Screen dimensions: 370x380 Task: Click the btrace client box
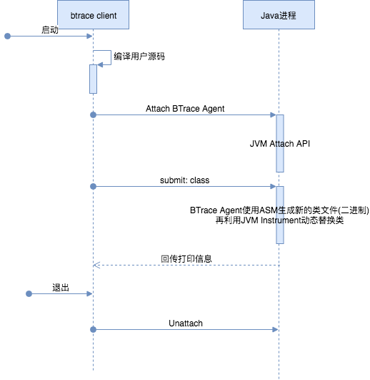point(93,15)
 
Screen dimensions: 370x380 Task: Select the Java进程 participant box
point(279,15)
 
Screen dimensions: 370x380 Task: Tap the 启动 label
point(50,30)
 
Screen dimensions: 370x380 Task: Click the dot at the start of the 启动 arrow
point(7,36)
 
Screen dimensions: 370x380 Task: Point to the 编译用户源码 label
point(139,57)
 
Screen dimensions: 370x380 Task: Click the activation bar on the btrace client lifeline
point(93,79)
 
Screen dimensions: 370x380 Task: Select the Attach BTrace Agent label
point(185,109)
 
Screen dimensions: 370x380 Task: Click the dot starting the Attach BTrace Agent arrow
point(93,115)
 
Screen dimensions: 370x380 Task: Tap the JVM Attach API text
point(280,144)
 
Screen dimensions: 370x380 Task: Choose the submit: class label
point(185,180)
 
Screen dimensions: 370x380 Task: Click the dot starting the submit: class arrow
point(93,186)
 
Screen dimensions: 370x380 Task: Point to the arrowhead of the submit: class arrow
point(273,186)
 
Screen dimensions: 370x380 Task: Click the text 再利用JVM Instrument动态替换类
point(279,220)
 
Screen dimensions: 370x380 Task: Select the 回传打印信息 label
point(186,259)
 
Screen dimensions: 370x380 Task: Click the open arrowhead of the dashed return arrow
point(96,265)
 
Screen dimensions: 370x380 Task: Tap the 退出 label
point(61,288)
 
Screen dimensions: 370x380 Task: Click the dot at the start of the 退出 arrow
point(29,293)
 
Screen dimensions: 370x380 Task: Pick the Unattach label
point(186,323)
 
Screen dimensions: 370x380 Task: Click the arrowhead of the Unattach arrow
point(275,330)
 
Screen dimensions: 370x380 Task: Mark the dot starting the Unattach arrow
point(93,330)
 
